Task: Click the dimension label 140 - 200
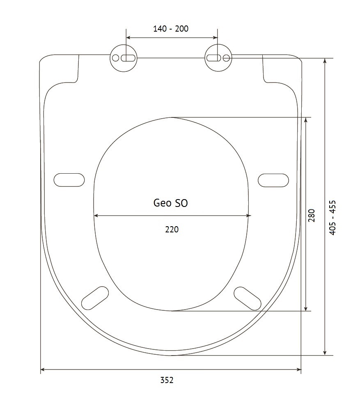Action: (171, 28)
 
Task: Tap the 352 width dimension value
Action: (167, 380)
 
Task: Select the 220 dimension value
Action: (172, 229)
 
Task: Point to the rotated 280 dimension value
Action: (312, 216)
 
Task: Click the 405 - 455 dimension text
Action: (332, 218)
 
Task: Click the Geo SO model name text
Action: (170, 203)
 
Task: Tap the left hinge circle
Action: (124, 58)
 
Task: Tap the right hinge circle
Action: (218, 57)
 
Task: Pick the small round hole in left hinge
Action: (115, 58)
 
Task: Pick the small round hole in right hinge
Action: (226, 58)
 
